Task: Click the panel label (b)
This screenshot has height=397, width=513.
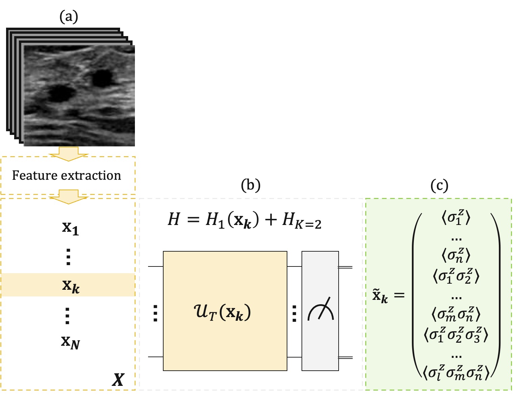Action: point(251,185)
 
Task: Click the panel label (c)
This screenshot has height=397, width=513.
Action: point(439,185)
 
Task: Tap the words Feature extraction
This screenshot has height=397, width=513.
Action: point(66,175)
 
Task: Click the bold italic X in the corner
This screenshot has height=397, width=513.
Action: point(118,379)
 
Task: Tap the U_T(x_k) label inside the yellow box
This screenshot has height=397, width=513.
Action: point(223,313)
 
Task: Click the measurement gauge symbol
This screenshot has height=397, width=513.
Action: point(320,311)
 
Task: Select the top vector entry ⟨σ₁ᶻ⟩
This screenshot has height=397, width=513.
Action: point(456,218)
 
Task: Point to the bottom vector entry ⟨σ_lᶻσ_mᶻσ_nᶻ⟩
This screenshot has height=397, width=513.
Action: point(456,373)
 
